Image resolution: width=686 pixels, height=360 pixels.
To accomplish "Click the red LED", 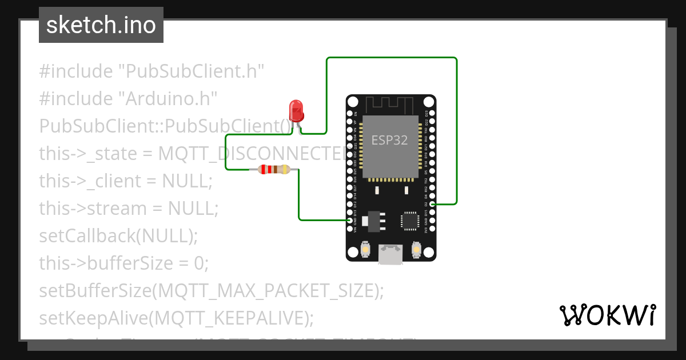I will tap(296, 110).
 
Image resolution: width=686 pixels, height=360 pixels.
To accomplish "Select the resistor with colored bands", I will tap(274, 169).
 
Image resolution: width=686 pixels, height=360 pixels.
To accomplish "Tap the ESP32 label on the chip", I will tap(390, 140).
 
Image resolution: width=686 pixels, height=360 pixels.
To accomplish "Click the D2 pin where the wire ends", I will tap(432, 204).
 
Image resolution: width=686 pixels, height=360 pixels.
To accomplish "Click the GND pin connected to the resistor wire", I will tap(350, 220).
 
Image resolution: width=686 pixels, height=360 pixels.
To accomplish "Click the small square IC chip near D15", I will tap(409, 221).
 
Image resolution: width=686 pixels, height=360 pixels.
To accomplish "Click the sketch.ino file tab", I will tap(101, 25).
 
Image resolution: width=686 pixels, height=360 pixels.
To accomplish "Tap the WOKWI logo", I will tap(607, 315).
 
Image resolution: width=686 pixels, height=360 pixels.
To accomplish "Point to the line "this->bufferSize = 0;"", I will tap(124, 263).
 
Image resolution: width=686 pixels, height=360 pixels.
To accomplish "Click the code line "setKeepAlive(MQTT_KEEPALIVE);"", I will tap(176, 318).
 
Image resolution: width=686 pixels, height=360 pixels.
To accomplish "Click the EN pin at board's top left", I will tap(350, 114).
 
